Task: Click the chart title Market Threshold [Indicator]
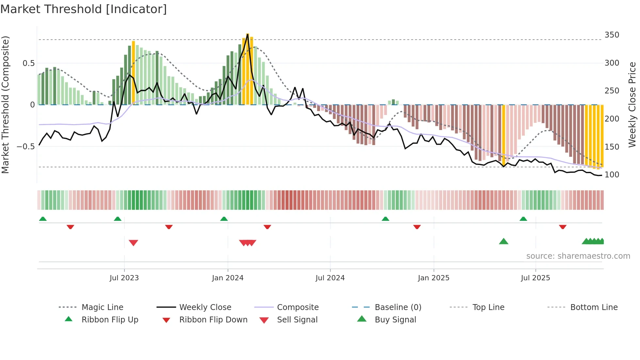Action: pyautogui.click(x=84, y=9)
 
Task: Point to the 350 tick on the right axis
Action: pyautogui.click(x=612, y=35)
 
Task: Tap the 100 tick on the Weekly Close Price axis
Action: pyautogui.click(x=612, y=175)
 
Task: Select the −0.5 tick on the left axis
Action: pyautogui.click(x=25, y=146)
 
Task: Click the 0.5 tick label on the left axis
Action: pyautogui.click(x=28, y=63)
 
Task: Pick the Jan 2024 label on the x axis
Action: pyautogui.click(x=228, y=278)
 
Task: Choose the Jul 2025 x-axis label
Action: pyautogui.click(x=535, y=278)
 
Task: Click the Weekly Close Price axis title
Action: pyautogui.click(x=632, y=105)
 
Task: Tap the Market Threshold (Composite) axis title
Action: pyautogui.click(x=5, y=105)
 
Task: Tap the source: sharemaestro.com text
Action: pyautogui.click(x=578, y=256)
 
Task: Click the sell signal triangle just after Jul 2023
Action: pyautogui.click(x=133, y=242)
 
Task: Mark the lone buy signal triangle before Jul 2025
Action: pyautogui.click(x=504, y=241)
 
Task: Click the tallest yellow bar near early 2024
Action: pyautogui.click(x=248, y=69)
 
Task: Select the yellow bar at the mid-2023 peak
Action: pyautogui.click(x=134, y=73)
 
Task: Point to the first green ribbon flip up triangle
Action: pyautogui.click(x=43, y=219)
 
